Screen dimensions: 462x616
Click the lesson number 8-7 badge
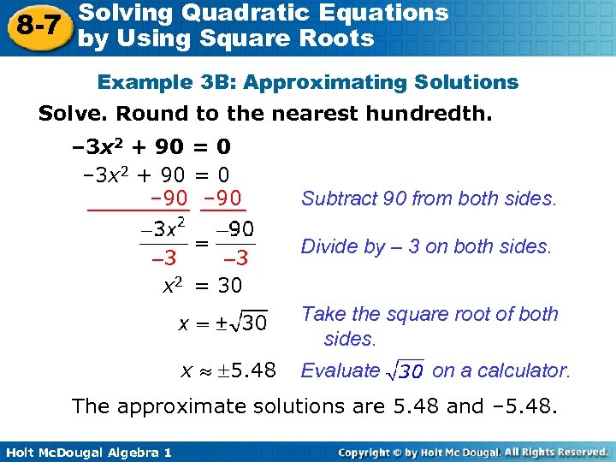pos(34,26)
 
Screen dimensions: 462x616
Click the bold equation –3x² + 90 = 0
pos(151,147)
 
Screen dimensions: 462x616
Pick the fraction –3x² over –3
pos(164,242)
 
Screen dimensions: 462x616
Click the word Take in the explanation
pos(321,314)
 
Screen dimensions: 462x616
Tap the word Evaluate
pos(339,370)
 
